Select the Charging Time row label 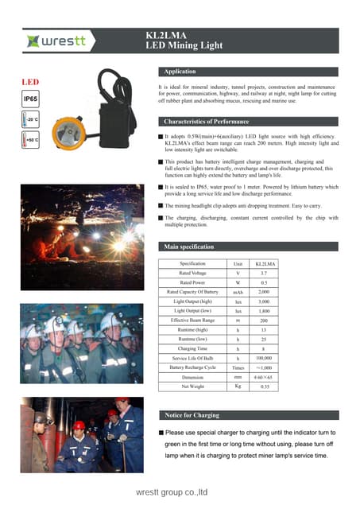coord(193,348)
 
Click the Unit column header coord(238,263)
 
